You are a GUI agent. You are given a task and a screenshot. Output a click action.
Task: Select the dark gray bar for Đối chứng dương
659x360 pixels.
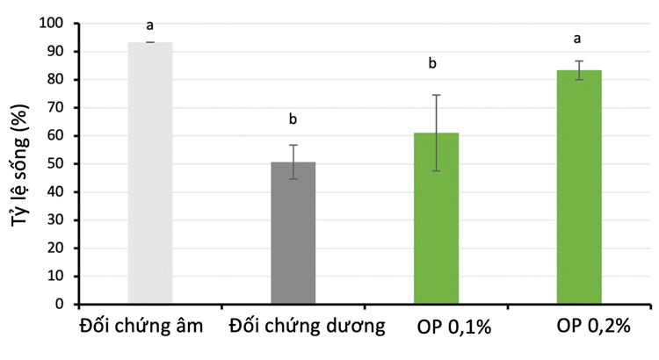click(293, 233)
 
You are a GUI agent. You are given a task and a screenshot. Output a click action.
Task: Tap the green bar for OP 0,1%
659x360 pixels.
click(437, 219)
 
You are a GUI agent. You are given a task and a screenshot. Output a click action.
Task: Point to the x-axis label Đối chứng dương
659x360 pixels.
click(308, 327)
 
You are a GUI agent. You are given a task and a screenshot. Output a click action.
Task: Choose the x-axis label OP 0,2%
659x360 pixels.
click(594, 327)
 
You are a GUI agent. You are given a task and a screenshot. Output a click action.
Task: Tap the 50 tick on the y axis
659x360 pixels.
click(54, 164)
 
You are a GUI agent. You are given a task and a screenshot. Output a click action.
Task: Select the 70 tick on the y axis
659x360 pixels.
click(54, 108)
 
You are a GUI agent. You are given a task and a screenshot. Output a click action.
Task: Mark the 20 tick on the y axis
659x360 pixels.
click(54, 248)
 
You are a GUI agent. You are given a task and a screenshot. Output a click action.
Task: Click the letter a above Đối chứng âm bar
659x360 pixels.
click(150, 25)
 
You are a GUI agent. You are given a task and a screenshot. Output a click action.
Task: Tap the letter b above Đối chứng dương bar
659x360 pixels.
click(293, 119)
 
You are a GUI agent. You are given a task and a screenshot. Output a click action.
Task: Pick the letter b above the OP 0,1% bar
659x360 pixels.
click(433, 63)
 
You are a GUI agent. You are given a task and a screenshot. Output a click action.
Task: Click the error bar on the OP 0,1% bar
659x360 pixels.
click(437, 132)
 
